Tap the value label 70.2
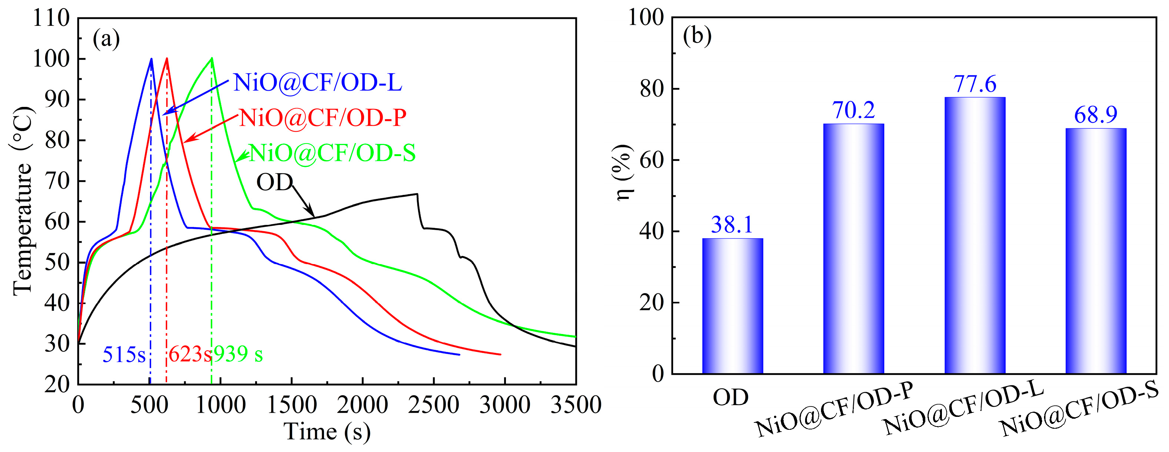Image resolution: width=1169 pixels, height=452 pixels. tap(853, 110)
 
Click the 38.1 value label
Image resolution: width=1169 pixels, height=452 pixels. tap(732, 225)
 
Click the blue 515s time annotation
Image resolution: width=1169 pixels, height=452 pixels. tap(124, 355)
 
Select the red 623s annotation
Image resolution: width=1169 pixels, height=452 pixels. tap(190, 355)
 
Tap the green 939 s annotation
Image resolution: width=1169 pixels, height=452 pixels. tap(238, 354)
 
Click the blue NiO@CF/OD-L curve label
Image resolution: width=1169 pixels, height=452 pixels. tap(317, 83)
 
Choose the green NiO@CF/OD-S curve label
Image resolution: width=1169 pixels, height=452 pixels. tap(332, 154)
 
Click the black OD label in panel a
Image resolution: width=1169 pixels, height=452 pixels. tap(274, 183)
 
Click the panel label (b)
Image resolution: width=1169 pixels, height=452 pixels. tap(697, 36)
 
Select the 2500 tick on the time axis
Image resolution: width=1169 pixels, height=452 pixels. tap(433, 405)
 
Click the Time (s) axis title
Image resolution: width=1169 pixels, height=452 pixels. tap(327, 432)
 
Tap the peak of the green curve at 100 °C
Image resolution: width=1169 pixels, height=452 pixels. tap(212, 58)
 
